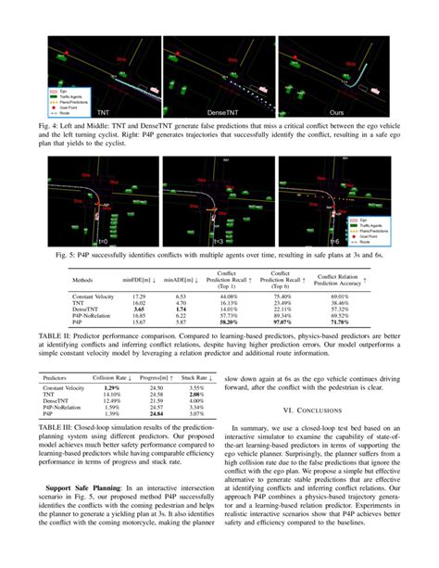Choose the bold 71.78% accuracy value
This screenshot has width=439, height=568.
345,322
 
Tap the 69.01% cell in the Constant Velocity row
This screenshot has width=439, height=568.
345,292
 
